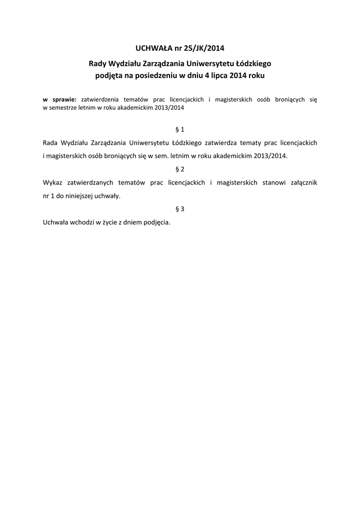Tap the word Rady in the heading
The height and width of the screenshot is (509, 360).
tap(97, 64)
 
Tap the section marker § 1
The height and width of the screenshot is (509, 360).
tap(180, 130)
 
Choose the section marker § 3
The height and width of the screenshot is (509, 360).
tap(180, 209)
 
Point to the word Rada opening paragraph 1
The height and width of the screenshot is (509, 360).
tap(52, 143)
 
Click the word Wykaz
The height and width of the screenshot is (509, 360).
tap(53, 182)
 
